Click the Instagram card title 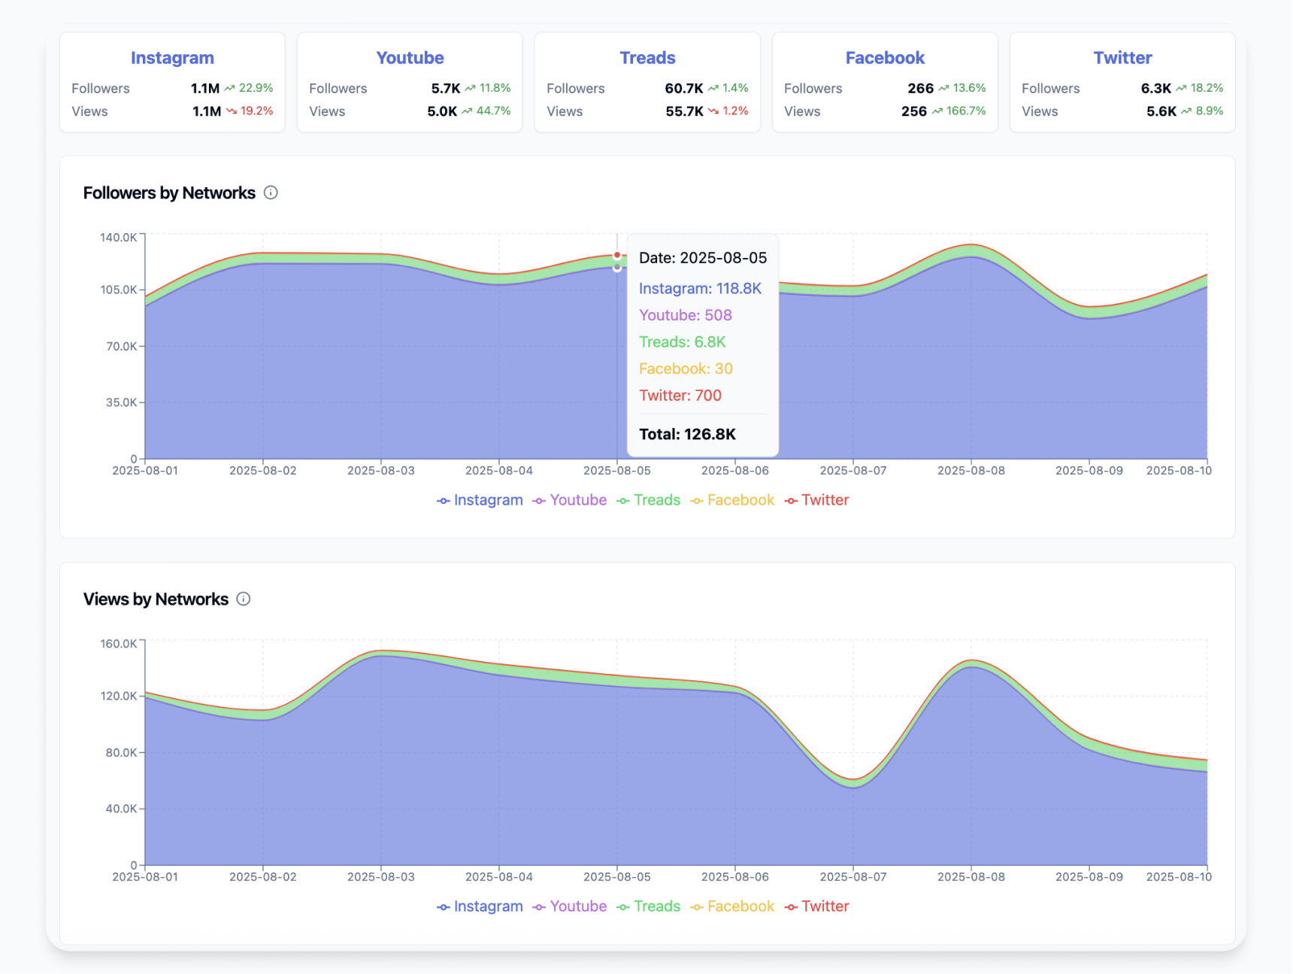click(x=172, y=58)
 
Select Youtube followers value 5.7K click(x=445, y=88)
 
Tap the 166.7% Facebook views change click(x=965, y=111)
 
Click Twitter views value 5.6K click(x=1161, y=111)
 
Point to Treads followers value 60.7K click(x=683, y=88)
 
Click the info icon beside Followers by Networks click(x=271, y=193)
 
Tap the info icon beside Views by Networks click(x=244, y=599)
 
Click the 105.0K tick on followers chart click(x=119, y=290)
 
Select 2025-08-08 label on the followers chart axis click(x=971, y=470)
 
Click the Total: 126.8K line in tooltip click(x=687, y=434)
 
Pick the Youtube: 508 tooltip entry click(x=685, y=315)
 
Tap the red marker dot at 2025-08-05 click(x=617, y=256)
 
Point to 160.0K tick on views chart click(x=119, y=644)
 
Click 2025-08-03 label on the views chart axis click(x=380, y=876)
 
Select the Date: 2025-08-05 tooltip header click(x=702, y=258)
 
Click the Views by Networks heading click(x=156, y=599)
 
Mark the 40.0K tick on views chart click(x=121, y=809)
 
